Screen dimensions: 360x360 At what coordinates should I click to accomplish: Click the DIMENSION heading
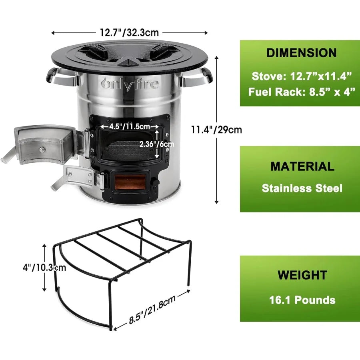pyautogui.click(x=302, y=53)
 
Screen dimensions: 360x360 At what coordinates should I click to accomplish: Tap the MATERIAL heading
pyautogui.click(x=302, y=166)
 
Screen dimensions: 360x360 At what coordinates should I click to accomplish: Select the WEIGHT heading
pyautogui.click(x=302, y=275)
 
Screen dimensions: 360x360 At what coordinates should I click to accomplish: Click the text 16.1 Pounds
pyautogui.click(x=302, y=300)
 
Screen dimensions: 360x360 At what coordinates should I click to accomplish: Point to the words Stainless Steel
pyautogui.click(x=302, y=188)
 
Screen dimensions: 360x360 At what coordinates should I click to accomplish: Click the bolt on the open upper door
pyautogui.click(x=41, y=150)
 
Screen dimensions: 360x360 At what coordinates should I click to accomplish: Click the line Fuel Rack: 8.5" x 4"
pyautogui.click(x=302, y=92)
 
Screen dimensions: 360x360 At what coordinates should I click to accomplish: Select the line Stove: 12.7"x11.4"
pyautogui.click(x=302, y=75)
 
